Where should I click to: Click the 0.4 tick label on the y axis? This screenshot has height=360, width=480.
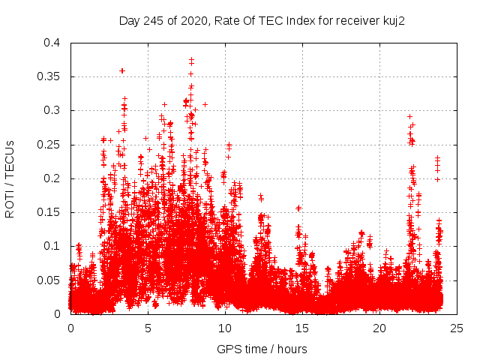pyautogui.click(x=52, y=43)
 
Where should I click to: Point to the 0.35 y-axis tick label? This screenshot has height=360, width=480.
pyautogui.click(x=49, y=76)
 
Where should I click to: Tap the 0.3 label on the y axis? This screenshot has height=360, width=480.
pyautogui.click(x=52, y=110)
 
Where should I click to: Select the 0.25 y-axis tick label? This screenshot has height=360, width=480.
pyautogui.click(x=49, y=144)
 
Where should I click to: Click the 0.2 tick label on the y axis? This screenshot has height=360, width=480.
pyautogui.click(x=52, y=178)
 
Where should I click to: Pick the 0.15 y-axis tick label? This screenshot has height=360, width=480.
pyautogui.click(x=49, y=212)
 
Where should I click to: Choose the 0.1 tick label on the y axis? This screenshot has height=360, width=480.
pyautogui.click(x=52, y=246)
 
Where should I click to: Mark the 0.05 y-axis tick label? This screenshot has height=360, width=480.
pyautogui.click(x=49, y=280)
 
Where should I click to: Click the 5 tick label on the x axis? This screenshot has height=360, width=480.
pyautogui.click(x=148, y=328)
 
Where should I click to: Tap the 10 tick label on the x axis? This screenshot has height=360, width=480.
pyautogui.click(x=225, y=328)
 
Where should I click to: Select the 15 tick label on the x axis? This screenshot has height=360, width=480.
pyautogui.click(x=302, y=328)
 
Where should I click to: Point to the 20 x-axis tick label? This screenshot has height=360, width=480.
pyautogui.click(x=379, y=328)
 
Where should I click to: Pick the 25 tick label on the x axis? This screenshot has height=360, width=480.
pyautogui.click(x=457, y=328)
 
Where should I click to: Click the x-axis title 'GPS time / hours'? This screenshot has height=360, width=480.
pyautogui.click(x=262, y=349)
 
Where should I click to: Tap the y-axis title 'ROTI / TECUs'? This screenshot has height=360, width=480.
pyautogui.click(x=10, y=178)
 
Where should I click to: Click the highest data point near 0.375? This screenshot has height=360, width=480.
pyautogui.click(x=191, y=59)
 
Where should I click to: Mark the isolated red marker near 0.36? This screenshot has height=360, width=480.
pyautogui.click(x=122, y=70)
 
